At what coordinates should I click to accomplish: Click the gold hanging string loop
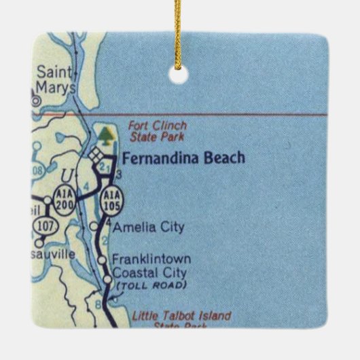click(179, 34)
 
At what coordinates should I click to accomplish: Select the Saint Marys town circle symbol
click(35, 100)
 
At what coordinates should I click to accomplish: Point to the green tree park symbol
click(105, 134)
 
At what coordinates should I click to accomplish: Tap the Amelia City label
click(149, 227)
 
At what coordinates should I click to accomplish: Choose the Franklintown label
click(151, 259)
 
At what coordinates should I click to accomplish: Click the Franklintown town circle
click(102, 259)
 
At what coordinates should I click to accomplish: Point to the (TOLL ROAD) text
click(151, 285)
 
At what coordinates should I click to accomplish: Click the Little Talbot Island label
click(181, 317)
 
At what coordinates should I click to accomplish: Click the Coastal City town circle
click(108, 278)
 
